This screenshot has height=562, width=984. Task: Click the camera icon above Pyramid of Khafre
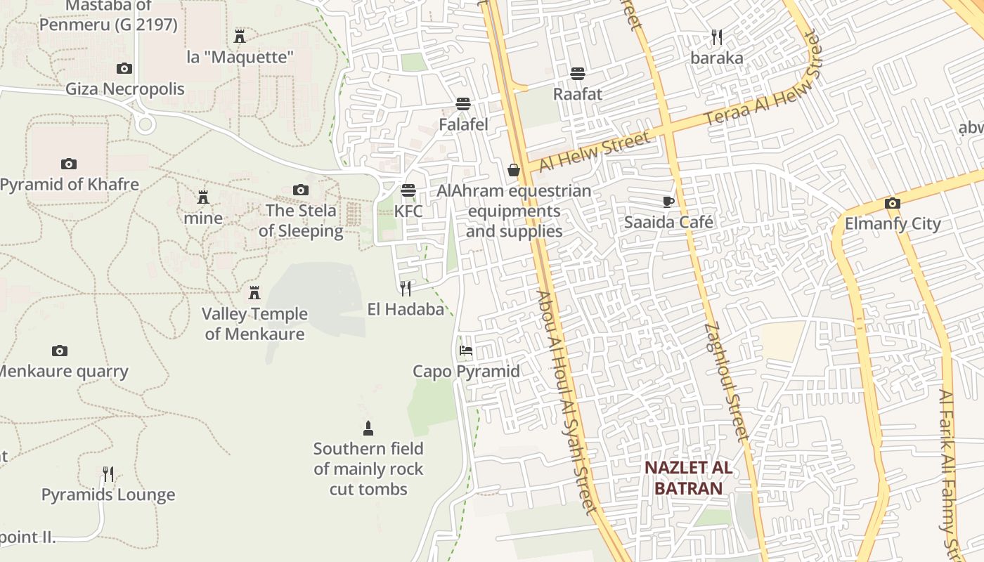click(x=68, y=164)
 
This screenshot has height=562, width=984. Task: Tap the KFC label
click(x=408, y=211)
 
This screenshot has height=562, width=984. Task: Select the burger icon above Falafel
click(x=462, y=104)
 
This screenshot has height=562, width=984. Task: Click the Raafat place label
click(x=578, y=93)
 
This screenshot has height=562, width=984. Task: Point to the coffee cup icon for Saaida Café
click(x=668, y=202)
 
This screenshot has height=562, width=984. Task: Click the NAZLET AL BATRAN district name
click(x=688, y=478)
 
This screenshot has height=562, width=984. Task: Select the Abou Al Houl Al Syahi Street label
click(x=567, y=402)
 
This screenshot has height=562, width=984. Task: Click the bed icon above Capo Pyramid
click(x=465, y=351)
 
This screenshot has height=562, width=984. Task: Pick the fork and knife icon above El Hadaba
click(x=406, y=288)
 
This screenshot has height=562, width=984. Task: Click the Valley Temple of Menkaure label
click(x=254, y=324)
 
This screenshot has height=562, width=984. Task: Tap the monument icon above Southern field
click(x=368, y=428)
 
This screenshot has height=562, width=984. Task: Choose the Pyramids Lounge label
click(x=108, y=495)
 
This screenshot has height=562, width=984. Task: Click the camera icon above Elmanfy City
click(x=893, y=204)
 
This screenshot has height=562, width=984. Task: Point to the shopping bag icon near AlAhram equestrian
click(x=514, y=170)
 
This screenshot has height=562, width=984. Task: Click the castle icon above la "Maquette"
click(x=240, y=36)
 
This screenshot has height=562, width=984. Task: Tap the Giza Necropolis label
click(x=125, y=89)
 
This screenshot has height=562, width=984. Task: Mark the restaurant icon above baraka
click(x=716, y=37)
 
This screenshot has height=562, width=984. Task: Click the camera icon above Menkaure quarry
click(x=60, y=351)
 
